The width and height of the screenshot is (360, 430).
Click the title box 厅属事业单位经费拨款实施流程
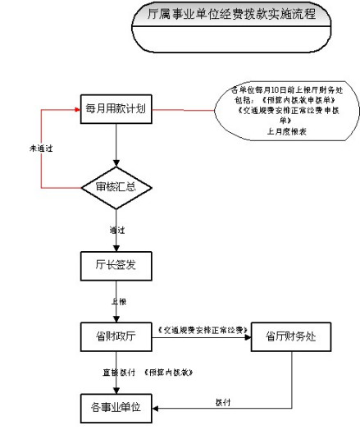pyautogui.click(x=223, y=16)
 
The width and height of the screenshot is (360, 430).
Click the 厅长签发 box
pyautogui.click(x=116, y=265)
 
